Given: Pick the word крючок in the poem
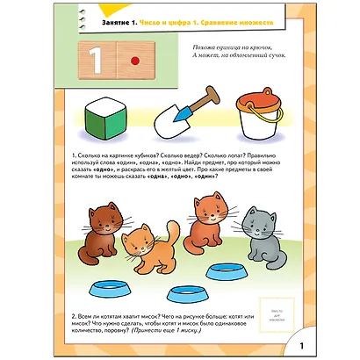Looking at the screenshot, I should click(x=274, y=42).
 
